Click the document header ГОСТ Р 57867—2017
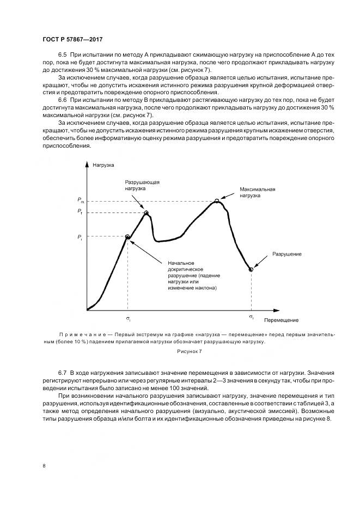point(72,40)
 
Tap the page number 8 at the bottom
point(44,465)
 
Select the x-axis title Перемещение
point(282,320)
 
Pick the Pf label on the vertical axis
point(80,211)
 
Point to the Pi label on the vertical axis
point(80,237)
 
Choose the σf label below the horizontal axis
point(251,316)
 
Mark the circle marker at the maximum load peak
point(217,201)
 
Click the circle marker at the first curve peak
point(146,212)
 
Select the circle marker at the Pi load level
point(127,237)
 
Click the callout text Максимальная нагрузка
point(258,192)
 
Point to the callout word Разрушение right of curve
point(287,254)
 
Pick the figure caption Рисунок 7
point(190,352)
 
